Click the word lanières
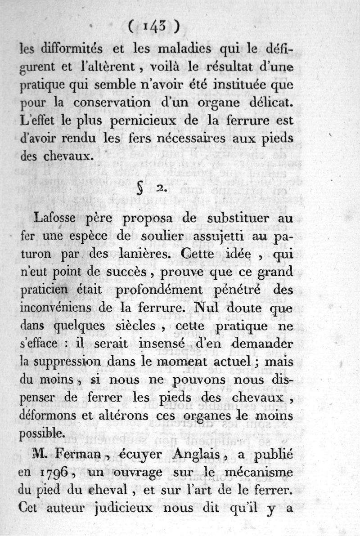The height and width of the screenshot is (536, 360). coord(135,255)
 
